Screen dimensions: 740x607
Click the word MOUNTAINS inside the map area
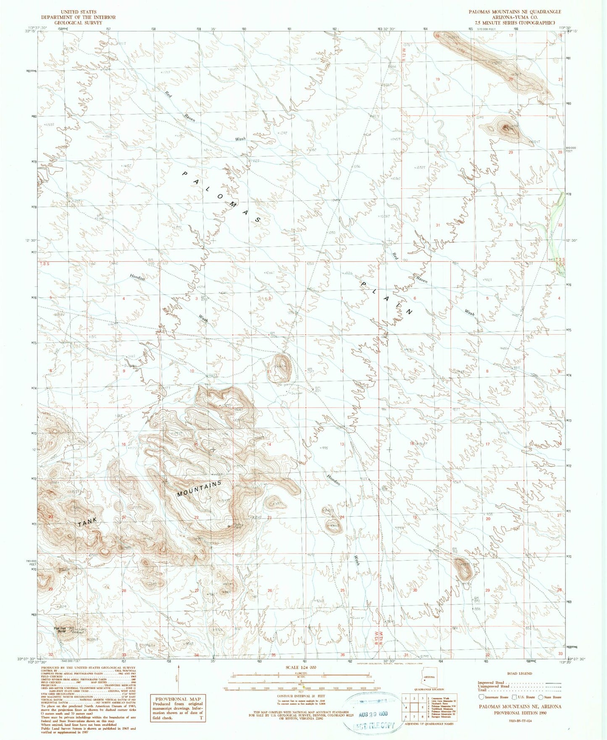(x=199, y=489)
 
